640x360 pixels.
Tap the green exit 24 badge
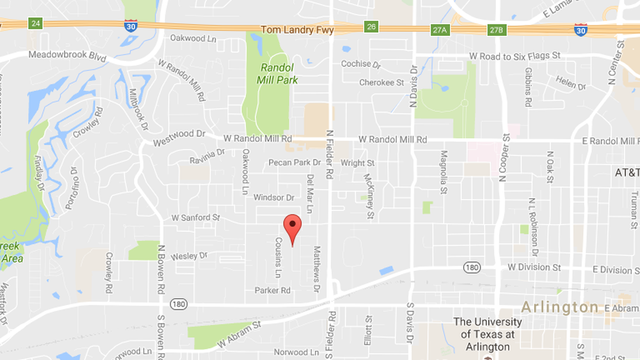point(36,24)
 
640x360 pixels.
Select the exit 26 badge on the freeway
point(370,26)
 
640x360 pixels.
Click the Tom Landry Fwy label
point(298,30)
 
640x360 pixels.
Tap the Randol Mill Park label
point(277,74)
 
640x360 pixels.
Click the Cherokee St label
point(381,83)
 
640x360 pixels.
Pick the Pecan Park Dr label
point(294,163)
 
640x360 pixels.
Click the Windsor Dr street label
point(274,198)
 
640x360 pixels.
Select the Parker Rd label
point(272,290)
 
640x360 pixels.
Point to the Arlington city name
point(560,307)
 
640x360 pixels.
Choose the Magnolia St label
point(444,172)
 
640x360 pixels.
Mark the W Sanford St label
point(195,217)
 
